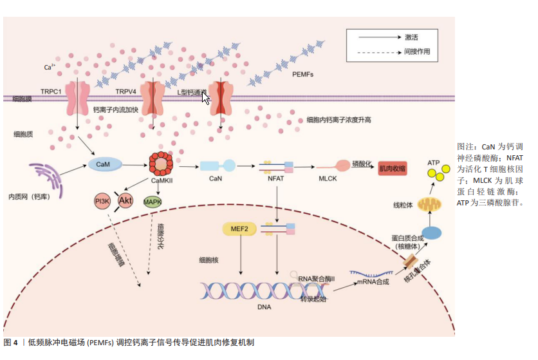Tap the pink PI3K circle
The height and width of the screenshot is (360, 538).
coord(102,202)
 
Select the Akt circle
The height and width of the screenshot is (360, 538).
coord(125,201)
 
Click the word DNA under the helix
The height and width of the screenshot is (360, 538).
coord(264,307)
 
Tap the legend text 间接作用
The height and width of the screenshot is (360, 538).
coord(417,51)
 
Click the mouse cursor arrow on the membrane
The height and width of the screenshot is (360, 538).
coord(205,98)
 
